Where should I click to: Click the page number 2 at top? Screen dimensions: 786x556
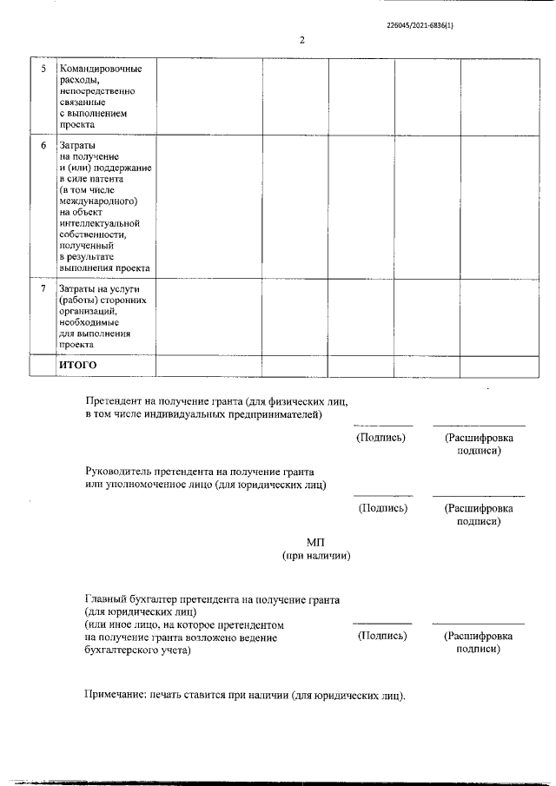coord(302,40)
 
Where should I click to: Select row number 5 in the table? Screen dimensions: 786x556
coord(43,69)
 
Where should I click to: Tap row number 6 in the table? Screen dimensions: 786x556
coord(43,144)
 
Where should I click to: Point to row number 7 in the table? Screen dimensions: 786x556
coord(43,287)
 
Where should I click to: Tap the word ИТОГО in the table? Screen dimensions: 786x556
coord(77,365)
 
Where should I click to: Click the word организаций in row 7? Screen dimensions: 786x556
coord(91,310)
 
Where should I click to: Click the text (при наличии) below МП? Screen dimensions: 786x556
coord(315,556)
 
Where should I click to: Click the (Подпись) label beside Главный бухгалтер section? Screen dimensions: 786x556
coord(382,636)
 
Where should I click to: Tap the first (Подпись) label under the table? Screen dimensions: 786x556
coord(382,438)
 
